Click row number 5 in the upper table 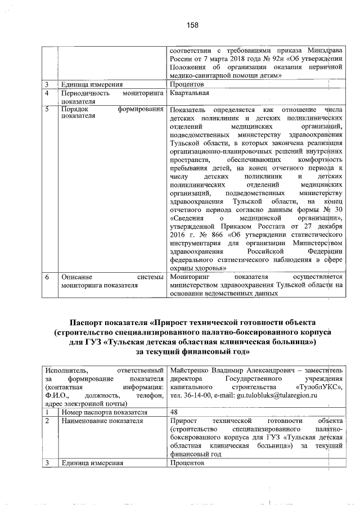[x=49, y=109]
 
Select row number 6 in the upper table [x=49, y=277]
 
